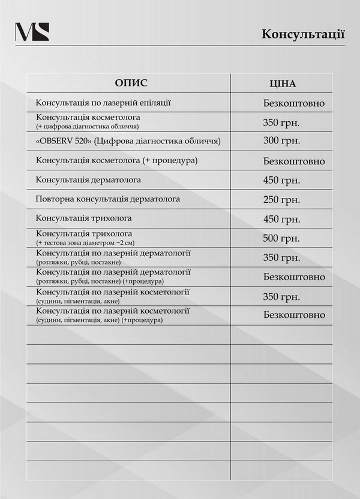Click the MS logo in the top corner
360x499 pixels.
point(32,32)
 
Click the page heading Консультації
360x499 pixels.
point(303,34)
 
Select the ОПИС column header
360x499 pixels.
point(131,83)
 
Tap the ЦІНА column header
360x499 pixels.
point(283,84)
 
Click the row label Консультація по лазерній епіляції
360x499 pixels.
point(103,103)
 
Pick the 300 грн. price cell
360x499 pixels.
point(281,141)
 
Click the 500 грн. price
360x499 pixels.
point(281,238)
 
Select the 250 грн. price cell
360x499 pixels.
point(281,200)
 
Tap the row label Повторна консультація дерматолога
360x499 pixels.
point(108,199)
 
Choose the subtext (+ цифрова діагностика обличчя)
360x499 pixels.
point(88,127)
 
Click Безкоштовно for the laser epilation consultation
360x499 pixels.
point(294,103)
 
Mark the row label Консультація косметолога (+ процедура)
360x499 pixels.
point(117,161)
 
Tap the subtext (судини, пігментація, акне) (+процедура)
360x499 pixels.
point(100,320)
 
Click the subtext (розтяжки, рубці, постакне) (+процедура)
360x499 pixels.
point(100,281)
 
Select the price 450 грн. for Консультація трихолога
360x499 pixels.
point(281,219)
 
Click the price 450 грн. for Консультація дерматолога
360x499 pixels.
point(281,180)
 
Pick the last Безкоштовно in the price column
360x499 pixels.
point(294,315)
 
